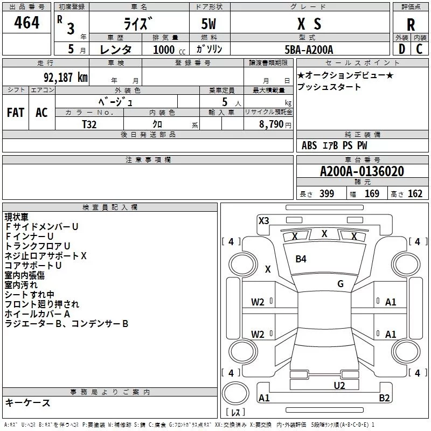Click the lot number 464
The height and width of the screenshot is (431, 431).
[x=26, y=23]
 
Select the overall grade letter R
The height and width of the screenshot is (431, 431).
[x=411, y=25]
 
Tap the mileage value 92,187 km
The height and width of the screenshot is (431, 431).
[x=66, y=78]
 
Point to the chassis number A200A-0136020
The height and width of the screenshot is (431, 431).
[x=362, y=171]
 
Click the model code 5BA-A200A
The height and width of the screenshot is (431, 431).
[x=309, y=50]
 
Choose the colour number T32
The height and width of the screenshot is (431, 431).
[x=89, y=124]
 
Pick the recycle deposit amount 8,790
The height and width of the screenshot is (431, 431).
[x=271, y=124]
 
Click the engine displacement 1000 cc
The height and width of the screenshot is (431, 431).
[x=169, y=50]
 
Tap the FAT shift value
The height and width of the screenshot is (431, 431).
[x=16, y=113]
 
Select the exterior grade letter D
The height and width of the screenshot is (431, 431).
[x=402, y=49]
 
